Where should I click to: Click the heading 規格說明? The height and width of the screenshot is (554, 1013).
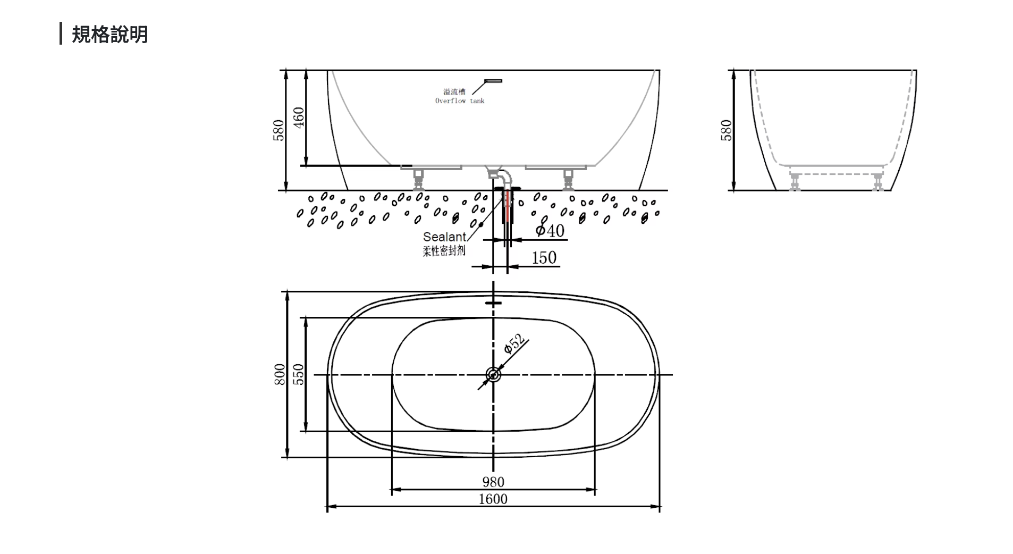109,35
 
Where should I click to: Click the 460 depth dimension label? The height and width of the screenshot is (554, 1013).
299,117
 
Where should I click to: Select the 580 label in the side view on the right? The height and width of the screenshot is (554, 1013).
726,130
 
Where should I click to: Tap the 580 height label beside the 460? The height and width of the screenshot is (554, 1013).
278,130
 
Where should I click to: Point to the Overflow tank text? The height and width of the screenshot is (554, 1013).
460,101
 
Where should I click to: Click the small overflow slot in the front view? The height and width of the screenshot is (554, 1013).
493,81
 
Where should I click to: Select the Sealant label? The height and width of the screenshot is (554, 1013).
444,237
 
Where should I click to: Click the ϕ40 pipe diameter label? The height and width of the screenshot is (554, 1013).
550,230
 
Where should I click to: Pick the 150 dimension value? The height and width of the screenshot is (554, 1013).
544,258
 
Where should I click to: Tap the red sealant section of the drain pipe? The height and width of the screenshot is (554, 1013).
508,207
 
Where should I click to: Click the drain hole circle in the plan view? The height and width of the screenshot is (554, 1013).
493,374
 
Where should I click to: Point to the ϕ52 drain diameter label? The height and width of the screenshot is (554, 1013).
514,343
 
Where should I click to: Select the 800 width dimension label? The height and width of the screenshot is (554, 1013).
280,374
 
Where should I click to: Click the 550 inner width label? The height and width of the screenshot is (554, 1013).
299,374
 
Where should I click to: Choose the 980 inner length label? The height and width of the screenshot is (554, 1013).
493,482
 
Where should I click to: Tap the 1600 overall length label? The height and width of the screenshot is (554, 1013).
493,499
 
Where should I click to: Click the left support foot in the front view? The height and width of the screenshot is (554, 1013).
419,179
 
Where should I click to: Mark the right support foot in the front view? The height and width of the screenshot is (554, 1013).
569,179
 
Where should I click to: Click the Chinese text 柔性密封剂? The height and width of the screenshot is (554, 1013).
444,250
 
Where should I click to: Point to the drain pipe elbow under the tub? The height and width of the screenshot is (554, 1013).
501,175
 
